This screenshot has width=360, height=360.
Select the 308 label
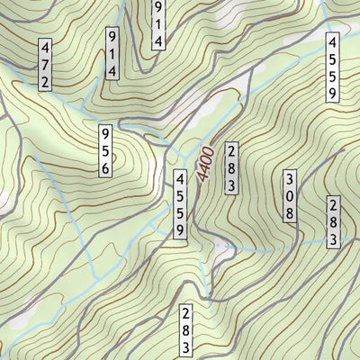tap(290, 195)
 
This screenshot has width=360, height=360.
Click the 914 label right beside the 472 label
tap(112, 53)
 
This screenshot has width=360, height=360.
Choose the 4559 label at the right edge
tap(332, 67)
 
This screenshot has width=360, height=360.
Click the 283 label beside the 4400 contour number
tap(231, 167)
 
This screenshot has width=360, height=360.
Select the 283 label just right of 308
tap(333, 221)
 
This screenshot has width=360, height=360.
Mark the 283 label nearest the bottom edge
tap(185, 331)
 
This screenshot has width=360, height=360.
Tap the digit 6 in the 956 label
tap(105, 166)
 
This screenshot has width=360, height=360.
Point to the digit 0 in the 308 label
tap(290, 195)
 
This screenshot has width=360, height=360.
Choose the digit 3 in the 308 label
tap(290, 179)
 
